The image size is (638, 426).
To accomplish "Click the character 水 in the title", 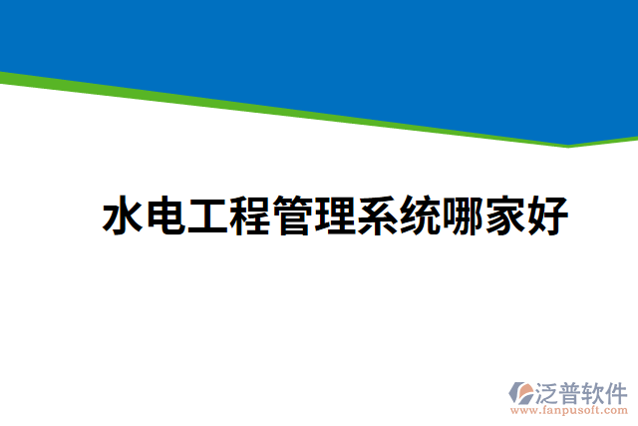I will (124, 216).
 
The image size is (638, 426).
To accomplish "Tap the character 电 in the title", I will (165, 216).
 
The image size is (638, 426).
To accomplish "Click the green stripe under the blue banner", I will (299, 110).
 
